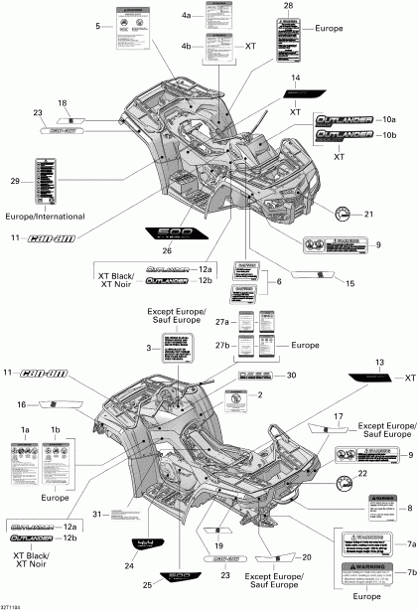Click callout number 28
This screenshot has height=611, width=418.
coord(288,7)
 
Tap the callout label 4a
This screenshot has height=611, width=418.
coord(187,17)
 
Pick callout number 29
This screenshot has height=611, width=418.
coord(15,180)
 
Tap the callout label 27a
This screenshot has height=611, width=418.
coord(233,322)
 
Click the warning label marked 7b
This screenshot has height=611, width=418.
coord(367,575)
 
